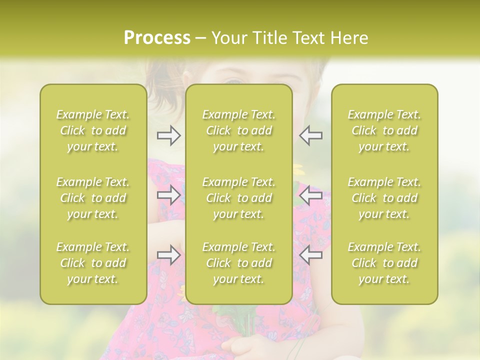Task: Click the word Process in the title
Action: click(157, 38)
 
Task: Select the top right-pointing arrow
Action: click(168, 135)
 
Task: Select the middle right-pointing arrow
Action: click(168, 195)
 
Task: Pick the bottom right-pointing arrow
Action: click(168, 255)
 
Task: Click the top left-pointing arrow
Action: click(310, 135)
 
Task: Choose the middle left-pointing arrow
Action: click(310, 195)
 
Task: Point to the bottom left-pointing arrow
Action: click(310, 255)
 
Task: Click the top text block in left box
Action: click(93, 130)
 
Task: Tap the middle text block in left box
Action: click(93, 198)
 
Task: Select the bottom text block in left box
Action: click(93, 263)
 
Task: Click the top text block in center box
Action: click(239, 130)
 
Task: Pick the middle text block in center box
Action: click(239, 198)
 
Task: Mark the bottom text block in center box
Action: click(239, 263)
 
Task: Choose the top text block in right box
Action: click(384, 130)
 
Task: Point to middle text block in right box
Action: click(384, 198)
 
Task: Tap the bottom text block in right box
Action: click(384, 263)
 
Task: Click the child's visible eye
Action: click(235, 81)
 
